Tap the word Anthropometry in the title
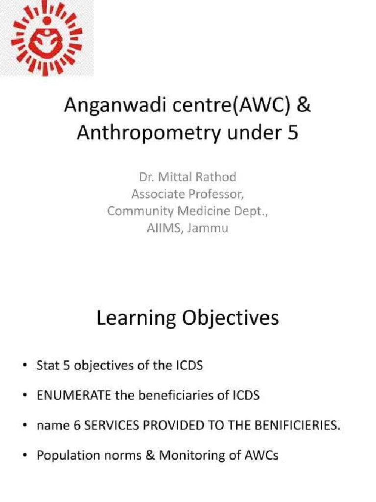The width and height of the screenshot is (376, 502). pos(139,133)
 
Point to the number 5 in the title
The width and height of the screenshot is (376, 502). pos(292,133)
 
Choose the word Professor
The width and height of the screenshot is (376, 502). pos(216,195)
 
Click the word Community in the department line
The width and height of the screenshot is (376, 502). pos(138,211)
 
